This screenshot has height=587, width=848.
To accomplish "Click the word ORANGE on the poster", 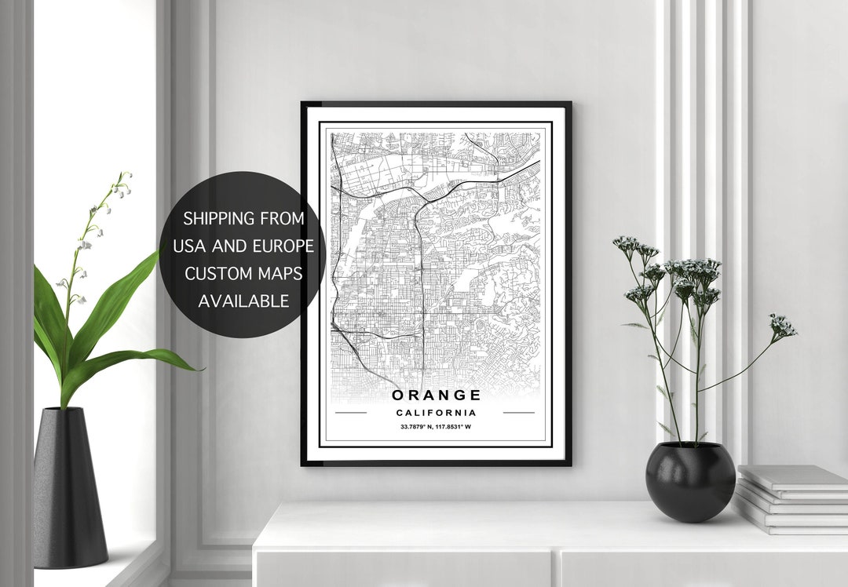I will (436, 395).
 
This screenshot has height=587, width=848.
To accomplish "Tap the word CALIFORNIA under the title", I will (436, 413).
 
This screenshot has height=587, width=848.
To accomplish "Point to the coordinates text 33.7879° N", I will (415, 427).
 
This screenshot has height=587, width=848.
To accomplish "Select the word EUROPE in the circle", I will (283, 246).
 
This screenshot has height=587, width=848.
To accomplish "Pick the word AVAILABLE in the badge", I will (243, 301).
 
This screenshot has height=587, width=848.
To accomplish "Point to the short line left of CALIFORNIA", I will (350, 412).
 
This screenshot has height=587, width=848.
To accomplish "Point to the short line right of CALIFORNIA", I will (518, 412).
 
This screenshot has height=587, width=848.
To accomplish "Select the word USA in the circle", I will (189, 246).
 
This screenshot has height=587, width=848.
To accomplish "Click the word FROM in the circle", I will (280, 218).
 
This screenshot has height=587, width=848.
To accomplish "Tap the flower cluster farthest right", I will (782, 326).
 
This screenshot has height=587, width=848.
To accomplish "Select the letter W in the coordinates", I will (468, 427).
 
